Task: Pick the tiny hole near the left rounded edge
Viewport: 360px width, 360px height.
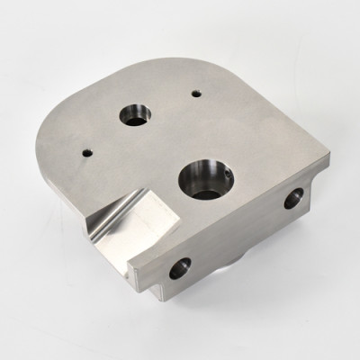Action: point(86,152)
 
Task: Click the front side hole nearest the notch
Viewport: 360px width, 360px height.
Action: point(181,266)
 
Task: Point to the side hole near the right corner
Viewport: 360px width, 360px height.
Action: point(293,200)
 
